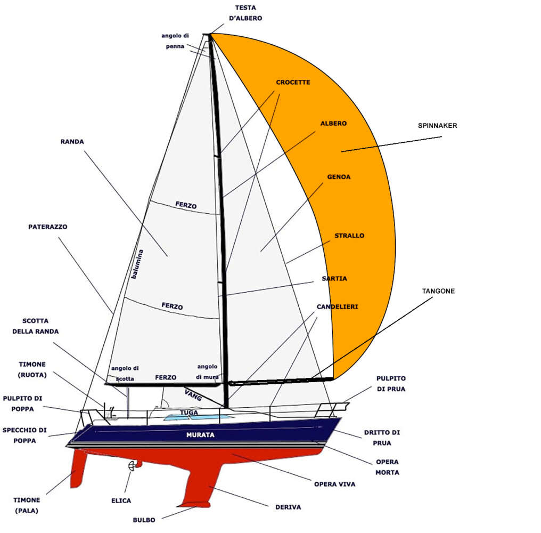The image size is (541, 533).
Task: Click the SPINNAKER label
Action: (437, 126)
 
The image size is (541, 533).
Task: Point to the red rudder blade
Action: (79, 469)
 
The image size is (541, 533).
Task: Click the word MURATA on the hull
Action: (200, 435)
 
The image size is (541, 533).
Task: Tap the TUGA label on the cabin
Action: (189, 413)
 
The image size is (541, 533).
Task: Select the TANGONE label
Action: (438, 291)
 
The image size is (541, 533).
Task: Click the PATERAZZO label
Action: (48, 227)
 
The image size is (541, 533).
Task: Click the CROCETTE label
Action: (293, 83)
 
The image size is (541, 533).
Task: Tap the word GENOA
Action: (339, 176)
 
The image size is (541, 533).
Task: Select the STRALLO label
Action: (349, 235)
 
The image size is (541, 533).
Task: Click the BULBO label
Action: (144, 520)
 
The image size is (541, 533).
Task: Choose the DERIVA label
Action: (288, 507)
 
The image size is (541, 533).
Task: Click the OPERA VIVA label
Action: (334, 484)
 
